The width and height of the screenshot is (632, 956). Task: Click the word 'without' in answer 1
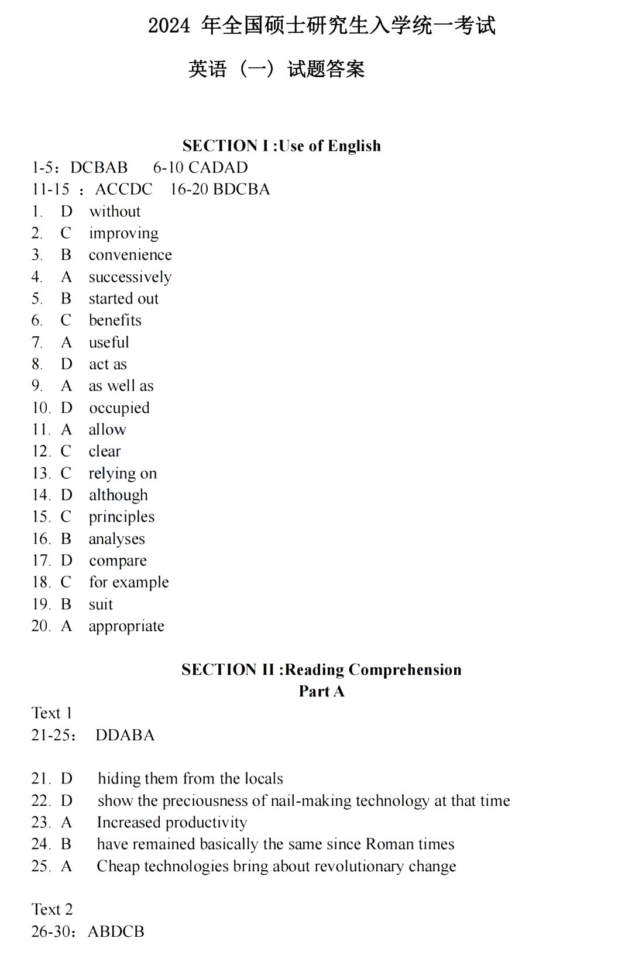[115, 211]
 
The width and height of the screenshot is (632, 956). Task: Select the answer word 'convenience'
[130, 255]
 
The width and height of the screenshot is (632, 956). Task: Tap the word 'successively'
[130, 277]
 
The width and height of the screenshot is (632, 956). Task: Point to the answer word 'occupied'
[119, 408]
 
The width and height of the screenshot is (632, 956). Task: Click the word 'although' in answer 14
[118, 495]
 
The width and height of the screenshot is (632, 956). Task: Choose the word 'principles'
[122, 517]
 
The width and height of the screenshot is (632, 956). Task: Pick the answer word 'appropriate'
[126, 626]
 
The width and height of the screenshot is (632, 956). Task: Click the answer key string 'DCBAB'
[99, 168]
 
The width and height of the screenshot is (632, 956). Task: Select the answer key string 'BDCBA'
[242, 189]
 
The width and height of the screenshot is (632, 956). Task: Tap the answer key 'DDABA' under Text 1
[125, 735]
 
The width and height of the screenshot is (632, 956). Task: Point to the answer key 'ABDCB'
[116, 931]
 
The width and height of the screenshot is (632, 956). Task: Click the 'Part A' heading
[321, 691]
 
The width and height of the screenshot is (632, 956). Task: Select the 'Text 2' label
[52, 909]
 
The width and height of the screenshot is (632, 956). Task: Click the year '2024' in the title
[169, 26]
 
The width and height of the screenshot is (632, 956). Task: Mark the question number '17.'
[41, 560]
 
